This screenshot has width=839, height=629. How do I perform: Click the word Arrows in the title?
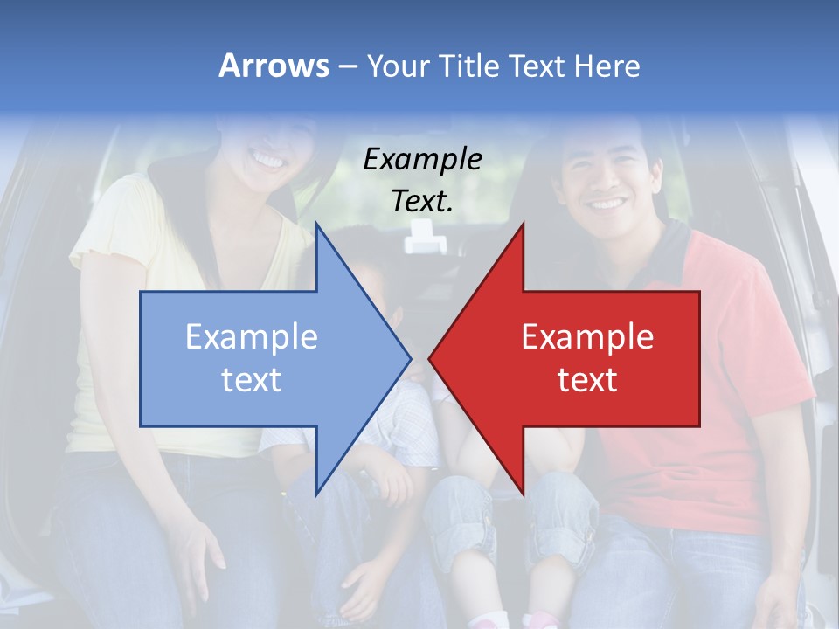[274, 66]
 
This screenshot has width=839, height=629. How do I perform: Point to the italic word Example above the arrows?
[422, 159]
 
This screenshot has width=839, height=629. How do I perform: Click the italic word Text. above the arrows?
[422, 201]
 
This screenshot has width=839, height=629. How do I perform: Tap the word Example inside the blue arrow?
[252, 336]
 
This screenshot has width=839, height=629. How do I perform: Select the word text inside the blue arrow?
[252, 379]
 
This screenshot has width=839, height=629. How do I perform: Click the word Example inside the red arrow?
[587, 336]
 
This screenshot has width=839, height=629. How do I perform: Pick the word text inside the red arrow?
[587, 379]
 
